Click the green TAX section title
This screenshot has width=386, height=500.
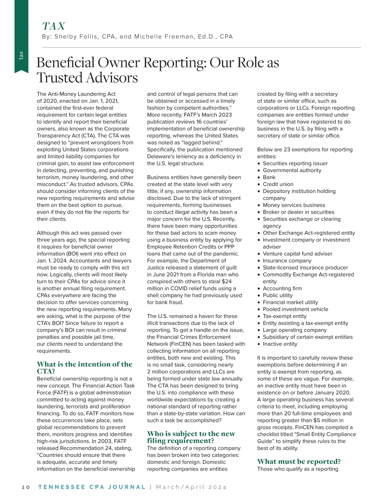tap(54, 26)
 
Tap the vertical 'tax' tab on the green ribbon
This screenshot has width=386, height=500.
tap(21, 55)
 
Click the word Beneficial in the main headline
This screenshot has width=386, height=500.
tap(66, 62)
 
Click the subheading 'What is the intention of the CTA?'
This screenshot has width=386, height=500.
tap(84, 367)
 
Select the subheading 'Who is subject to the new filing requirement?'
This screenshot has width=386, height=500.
tap(191, 437)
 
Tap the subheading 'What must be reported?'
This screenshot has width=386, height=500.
tap(299, 461)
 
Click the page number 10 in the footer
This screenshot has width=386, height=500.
tap(26, 487)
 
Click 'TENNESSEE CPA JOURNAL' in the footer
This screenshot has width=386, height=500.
tap(92, 487)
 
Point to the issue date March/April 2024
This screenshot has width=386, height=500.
tap(191, 487)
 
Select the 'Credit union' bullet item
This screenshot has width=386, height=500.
tap(278, 184)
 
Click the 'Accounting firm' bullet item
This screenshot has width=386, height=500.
tap(282, 288)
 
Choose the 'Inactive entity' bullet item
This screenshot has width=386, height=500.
tap(280, 344)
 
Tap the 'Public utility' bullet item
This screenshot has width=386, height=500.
tap(278, 295)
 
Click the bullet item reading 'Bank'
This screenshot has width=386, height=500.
tap(269, 177)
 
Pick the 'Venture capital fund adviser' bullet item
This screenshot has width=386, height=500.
tap(298, 254)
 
